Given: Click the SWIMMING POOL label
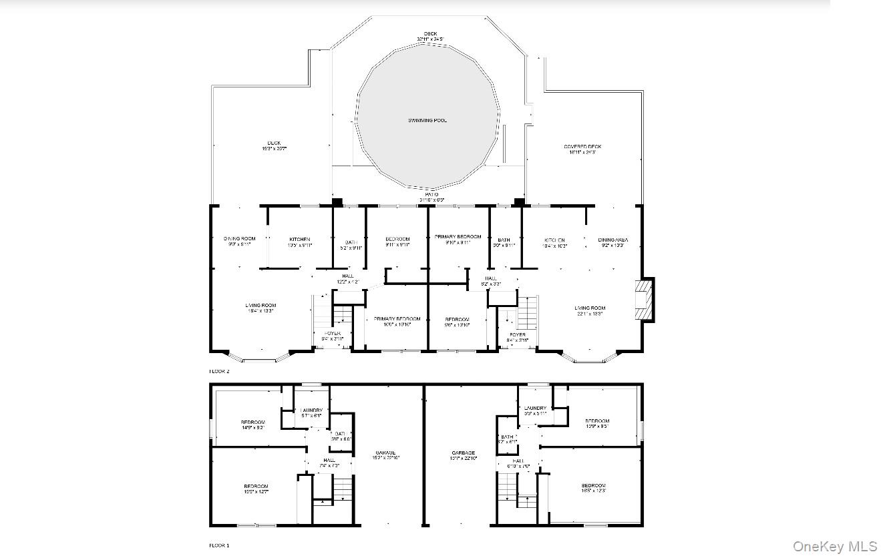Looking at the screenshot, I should pyautogui.click(x=427, y=121).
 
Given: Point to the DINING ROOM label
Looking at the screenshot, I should pyautogui.click(x=239, y=239).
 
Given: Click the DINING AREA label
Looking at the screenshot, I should pyautogui.click(x=612, y=240).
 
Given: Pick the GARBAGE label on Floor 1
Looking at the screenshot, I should pyautogui.click(x=462, y=453).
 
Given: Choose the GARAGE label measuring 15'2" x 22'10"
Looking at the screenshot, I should pyautogui.click(x=385, y=453).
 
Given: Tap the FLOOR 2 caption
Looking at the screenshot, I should pyautogui.click(x=219, y=370).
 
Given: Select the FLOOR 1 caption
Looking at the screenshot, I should pyautogui.click(x=219, y=545).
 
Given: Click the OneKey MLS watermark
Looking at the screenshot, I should pyautogui.click(x=835, y=547).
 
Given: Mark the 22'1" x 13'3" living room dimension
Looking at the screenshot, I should pyautogui.click(x=589, y=314).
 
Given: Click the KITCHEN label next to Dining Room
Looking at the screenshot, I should pyautogui.click(x=299, y=239).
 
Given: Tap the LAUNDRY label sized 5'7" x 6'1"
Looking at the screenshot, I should pyautogui.click(x=311, y=410).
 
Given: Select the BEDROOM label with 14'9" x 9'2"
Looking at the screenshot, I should pyautogui.click(x=252, y=422).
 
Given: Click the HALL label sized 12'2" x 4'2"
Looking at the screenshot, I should pyautogui.click(x=347, y=276).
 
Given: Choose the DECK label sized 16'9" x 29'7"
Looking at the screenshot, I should pyautogui.click(x=274, y=143).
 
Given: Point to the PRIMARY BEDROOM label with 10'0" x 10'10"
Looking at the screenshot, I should pyautogui.click(x=397, y=319).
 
